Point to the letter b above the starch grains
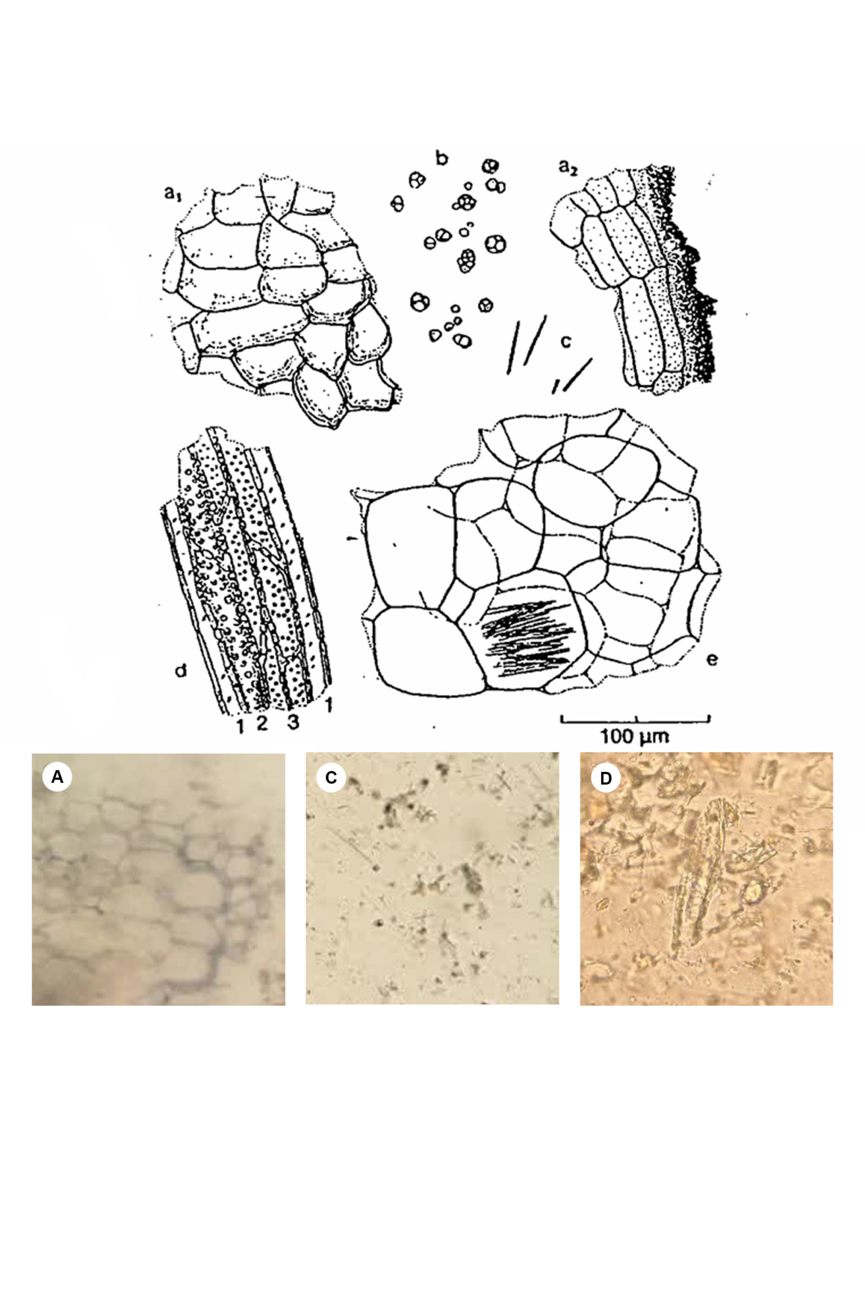441,158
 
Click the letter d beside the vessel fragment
180,671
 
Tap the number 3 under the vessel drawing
292,722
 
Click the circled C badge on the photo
331,778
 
